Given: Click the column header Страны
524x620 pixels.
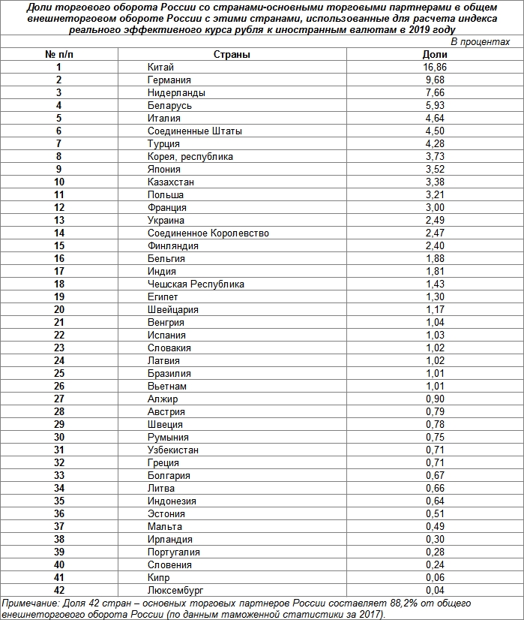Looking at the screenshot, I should (232, 55).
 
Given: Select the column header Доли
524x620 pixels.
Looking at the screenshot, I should (434, 55).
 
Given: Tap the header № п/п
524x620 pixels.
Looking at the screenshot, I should (58, 55).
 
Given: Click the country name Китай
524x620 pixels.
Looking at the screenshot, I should (161, 68).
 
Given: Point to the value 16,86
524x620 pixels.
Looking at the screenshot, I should (434, 68).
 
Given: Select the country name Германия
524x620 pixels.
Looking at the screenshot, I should (169, 80).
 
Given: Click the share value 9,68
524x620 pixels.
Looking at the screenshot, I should (434, 80).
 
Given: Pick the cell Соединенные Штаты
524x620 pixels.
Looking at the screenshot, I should (195, 131).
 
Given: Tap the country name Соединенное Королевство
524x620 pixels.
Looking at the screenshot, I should (208, 233).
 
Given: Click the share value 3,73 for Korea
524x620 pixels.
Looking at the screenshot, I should (434, 157).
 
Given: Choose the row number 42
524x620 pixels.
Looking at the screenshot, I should (59, 590).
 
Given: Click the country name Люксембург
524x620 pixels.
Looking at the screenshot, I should (175, 590).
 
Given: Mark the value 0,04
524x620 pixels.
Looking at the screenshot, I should (434, 590).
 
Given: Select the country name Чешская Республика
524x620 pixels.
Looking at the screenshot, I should (196, 284).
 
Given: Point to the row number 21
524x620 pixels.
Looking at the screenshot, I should (59, 323).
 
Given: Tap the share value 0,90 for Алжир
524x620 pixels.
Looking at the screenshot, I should (434, 399).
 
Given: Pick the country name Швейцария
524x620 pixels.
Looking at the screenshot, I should (173, 310).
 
